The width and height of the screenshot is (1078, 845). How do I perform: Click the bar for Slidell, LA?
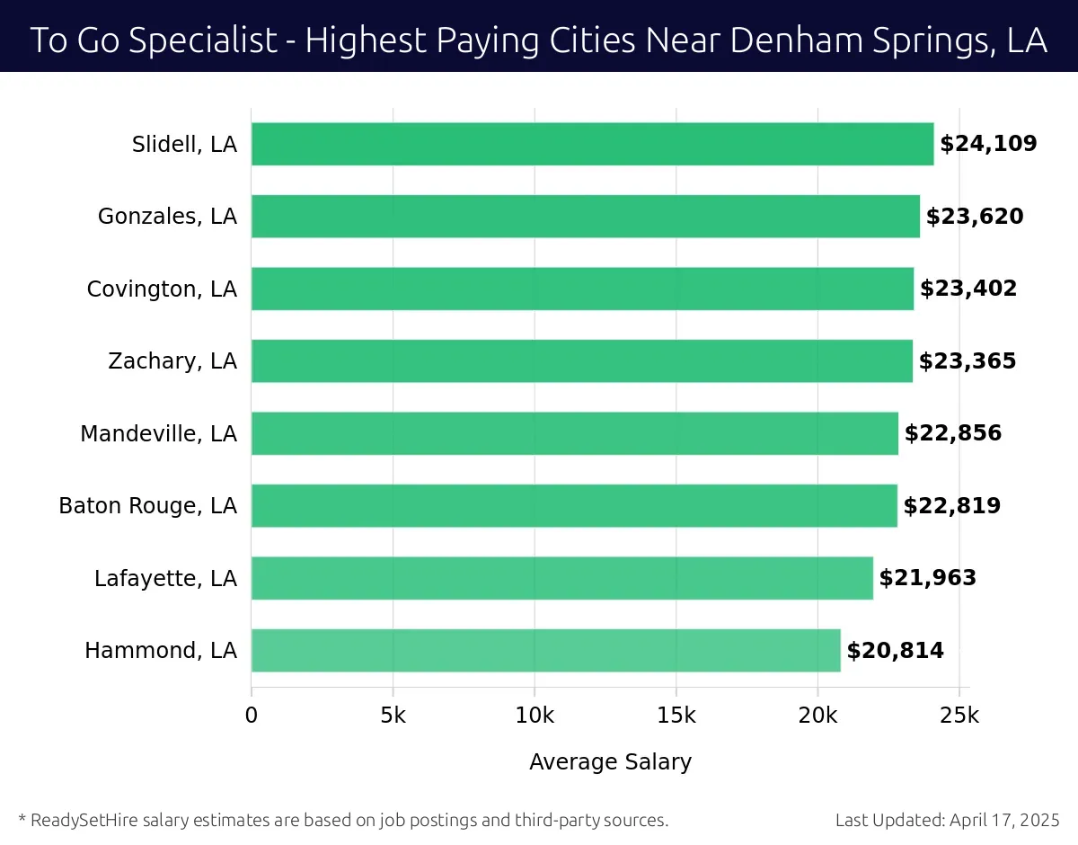pyautogui.click(x=592, y=144)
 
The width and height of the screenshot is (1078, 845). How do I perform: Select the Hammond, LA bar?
pyautogui.click(x=545, y=650)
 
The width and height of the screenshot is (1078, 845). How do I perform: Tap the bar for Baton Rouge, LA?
pyautogui.click(x=574, y=505)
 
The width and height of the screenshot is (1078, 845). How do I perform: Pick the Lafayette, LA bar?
pyautogui.click(x=561, y=578)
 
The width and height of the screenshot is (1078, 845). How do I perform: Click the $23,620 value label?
pyautogui.click(x=975, y=216)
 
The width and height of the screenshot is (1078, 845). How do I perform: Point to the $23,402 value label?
pyautogui.click(x=968, y=289)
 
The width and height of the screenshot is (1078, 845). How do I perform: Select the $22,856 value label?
pyautogui.click(x=953, y=433)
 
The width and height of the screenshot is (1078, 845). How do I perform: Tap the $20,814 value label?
pyautogui.click(x=896, y=650)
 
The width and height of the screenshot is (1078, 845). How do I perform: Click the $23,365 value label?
pyautogui.click(x=968, y=360)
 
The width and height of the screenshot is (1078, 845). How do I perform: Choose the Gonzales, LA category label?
pyautogui.click(x=167, y=217)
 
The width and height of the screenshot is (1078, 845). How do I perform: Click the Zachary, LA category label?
pyautogui.click(x=172, y=361)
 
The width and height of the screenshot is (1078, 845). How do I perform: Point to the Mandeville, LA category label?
pyautogui.click(x=158, y=434)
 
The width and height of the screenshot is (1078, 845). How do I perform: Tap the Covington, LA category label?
pyautogui.click(x=162, y=289)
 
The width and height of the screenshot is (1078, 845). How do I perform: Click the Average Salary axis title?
pyautogui.click(x=611, y=762)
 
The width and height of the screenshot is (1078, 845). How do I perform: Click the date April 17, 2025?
pyautogui.click(x=1003, y=820)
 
